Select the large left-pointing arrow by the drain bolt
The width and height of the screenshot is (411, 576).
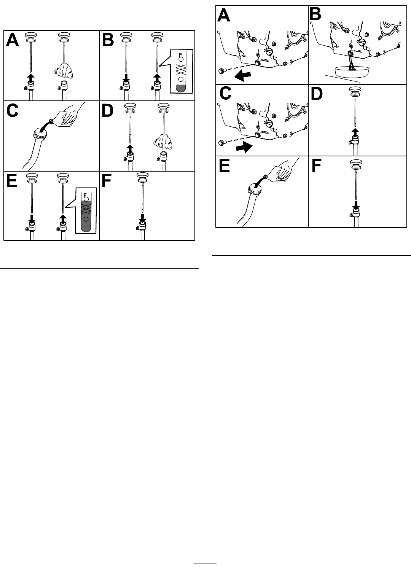[243, 76]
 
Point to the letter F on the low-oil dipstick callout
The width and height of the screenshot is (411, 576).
[180, 54]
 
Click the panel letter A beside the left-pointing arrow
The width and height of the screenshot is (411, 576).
[223, 15]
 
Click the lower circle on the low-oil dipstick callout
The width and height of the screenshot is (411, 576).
[181, 79]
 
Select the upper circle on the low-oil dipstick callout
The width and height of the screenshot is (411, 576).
[181, 59]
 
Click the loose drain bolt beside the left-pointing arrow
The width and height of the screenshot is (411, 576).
[221, 71]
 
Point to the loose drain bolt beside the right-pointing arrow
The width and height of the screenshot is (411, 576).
[221, 142]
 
